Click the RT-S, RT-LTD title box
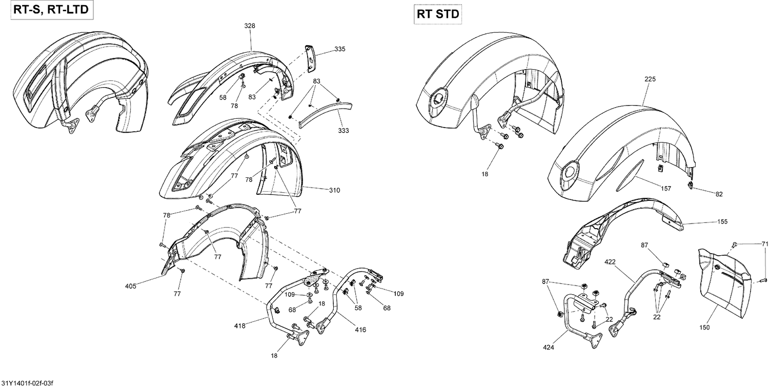[47, 10]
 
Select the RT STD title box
[437, 14]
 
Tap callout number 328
[250, 26]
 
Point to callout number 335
[339, 49]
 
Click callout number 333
[343, 131]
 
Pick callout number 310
[335, 190]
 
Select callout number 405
[130, 286]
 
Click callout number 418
[240, 325]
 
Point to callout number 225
[650, 79]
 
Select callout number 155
[722, 222]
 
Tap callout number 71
[765, 244]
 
